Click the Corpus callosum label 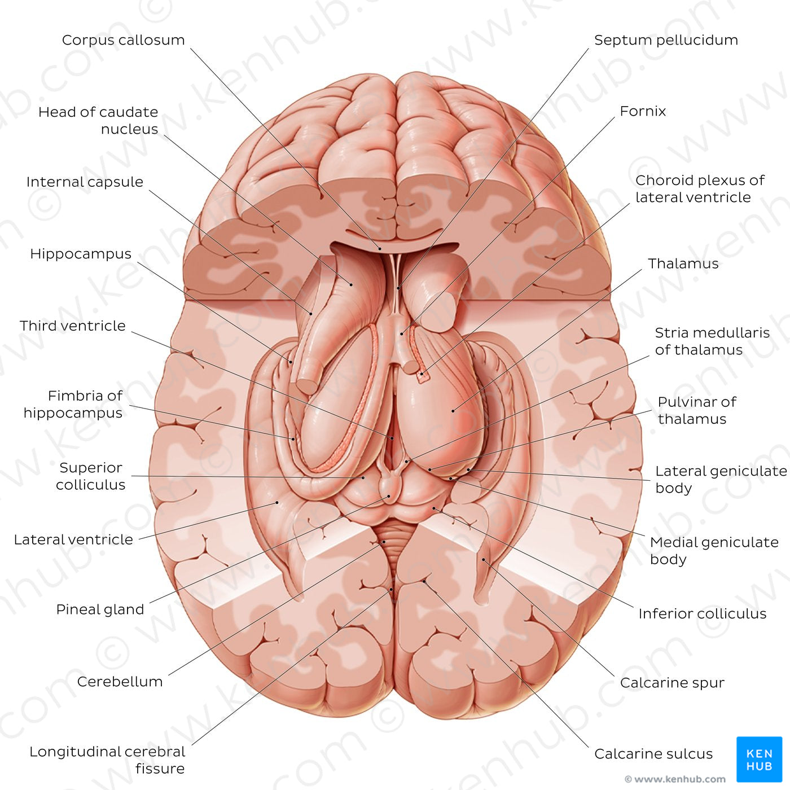point(124,40)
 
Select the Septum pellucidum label point(666,40)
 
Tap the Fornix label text point(642,111)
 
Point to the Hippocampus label point(81,254)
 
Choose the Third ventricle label point(73,326)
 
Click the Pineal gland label point(100,609)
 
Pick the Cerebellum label point(120,682)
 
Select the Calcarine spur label point(672,683)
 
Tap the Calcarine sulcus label point(653,754)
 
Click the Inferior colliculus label point(703,614)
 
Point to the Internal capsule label point(85,182)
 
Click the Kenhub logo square point(760,760)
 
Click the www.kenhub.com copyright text point(675,779)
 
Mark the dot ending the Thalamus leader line point(453,411)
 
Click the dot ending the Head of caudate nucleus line point(351,284)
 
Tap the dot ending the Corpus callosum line point(380,249)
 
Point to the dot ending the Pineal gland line point(389,497)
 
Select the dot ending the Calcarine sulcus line point(424,581)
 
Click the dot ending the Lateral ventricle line point(277,503)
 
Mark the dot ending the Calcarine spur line point(484,559)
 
